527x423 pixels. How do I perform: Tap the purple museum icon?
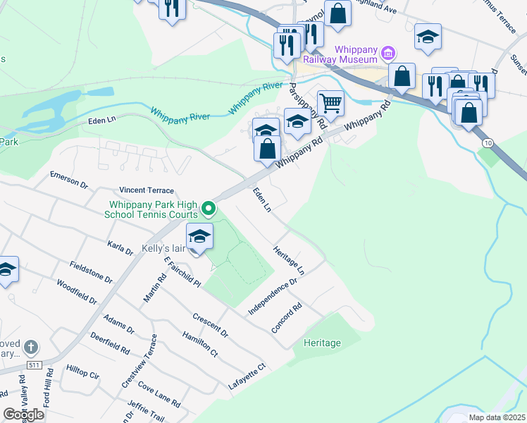pyautogui.click(x=387, y=53)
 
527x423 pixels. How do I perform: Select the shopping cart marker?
pyautogui.click(x=330, y=103)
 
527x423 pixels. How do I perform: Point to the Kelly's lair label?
pyautogui.click(x=163, y=250)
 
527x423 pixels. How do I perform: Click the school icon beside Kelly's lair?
pyautogui.click(x=199, y=237)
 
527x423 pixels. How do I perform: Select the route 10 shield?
pyautogui.click(x=486, y=143)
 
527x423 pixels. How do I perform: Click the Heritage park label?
pyautogui.click(x=322, y=343)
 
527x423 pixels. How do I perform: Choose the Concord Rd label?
pyautogui.click(x=287, y=319)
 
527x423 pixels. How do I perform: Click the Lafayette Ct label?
pyautogui.click(x=246, y=376)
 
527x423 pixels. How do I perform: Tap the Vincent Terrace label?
pyautogui.click(x=146, y=190)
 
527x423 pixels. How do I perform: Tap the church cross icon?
pyautogui.click(x=30, y=348)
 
